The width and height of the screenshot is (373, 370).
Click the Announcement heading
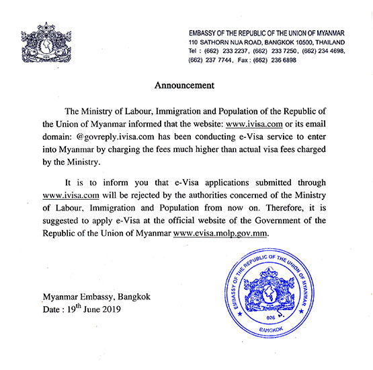coord(185,85)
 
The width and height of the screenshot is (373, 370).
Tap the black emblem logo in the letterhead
coord(46,46)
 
